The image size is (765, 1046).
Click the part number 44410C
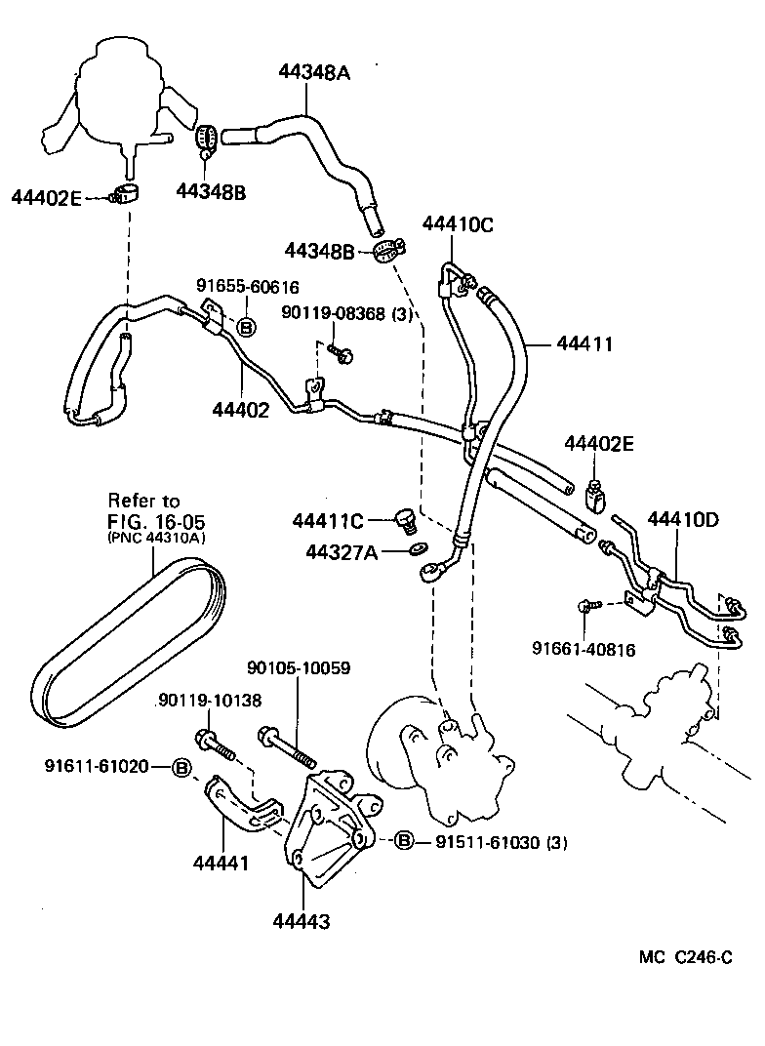click(458, 224)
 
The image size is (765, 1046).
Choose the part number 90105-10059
click(299, 668)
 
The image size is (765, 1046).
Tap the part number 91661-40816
click(584, 648)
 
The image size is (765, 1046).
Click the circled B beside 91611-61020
click(181, 766)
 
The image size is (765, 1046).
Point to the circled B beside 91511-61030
click(404, 841)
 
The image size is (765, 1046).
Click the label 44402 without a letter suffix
click(240, 411)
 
